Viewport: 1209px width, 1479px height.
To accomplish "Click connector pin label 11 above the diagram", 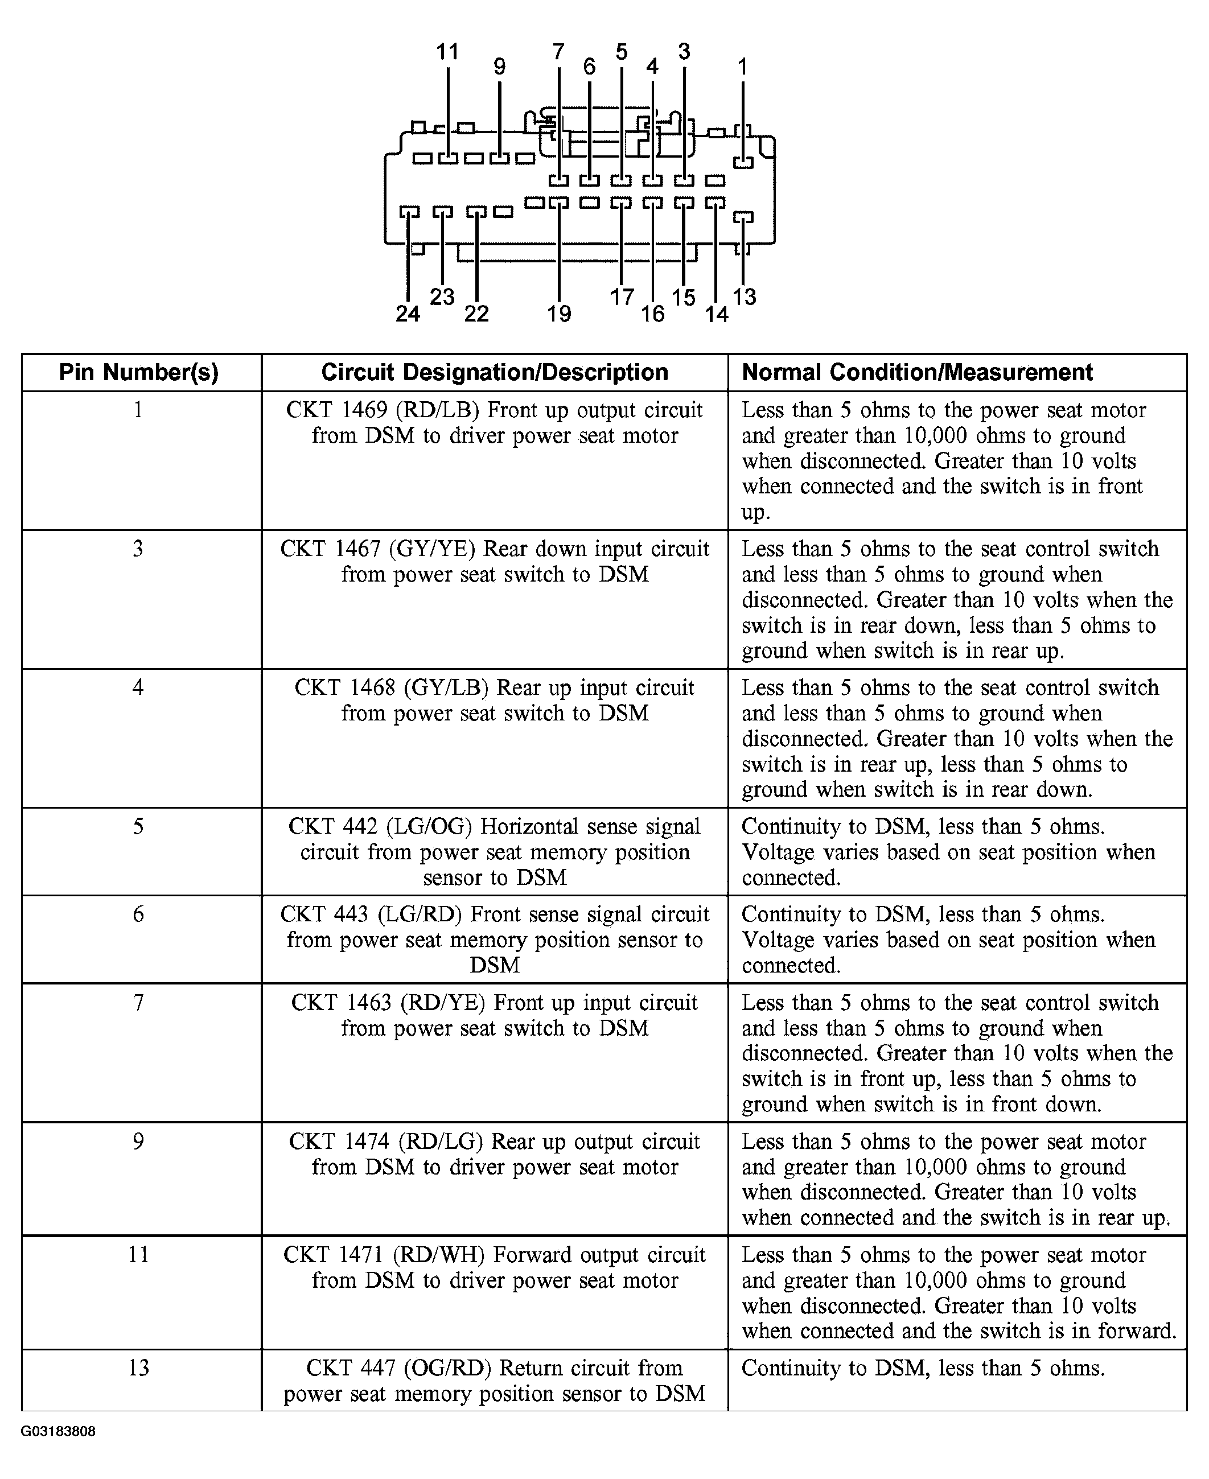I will click(447, 52).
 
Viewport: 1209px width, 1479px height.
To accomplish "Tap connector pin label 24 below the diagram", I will click(408, 314).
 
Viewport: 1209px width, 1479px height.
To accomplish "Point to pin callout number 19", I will click(558, 314).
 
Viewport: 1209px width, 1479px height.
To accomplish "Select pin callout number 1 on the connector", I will click(742, 67).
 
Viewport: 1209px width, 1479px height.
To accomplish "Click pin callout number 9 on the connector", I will click(499, 67).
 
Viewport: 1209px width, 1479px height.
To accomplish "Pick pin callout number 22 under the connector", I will click(476, 314).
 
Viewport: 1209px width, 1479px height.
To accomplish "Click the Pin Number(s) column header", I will click(138, 373).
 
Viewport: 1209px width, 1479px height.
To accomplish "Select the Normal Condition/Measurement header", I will click(916, 373).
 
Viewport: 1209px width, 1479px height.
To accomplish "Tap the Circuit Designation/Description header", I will click(495, 373).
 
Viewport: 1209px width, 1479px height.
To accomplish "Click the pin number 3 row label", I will click(138, 549).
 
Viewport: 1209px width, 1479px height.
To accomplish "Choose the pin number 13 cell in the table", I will click(138, 1367).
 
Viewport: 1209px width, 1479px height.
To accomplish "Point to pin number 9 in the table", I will click(138, 1142).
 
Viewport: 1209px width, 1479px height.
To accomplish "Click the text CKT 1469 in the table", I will click(336, 410).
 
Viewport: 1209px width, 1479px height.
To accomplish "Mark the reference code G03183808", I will click(58, 1432).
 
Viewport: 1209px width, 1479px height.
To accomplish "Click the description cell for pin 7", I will click(495, 1015).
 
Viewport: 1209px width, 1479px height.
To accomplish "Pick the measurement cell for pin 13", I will click(923, 1368).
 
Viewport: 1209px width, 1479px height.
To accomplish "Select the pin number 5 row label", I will click(138, 826).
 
